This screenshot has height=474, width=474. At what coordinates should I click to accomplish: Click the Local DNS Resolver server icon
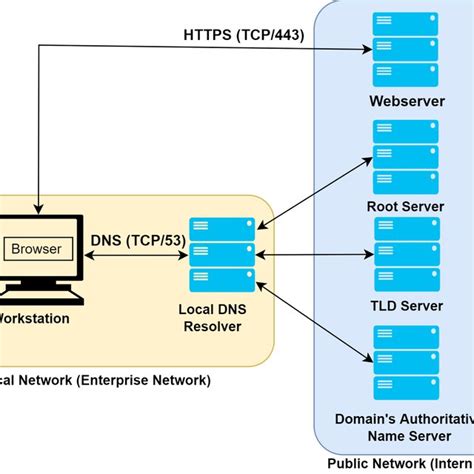(x=222, y=254)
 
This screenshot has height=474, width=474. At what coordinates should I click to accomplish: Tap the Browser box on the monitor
(x=36, y=248)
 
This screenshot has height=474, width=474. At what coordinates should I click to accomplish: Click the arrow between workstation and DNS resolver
(x=133, y=254)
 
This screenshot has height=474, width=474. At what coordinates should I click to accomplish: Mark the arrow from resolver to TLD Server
(x=313, y=255)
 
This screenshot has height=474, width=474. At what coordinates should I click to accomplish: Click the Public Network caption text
(x=400, y=463)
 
